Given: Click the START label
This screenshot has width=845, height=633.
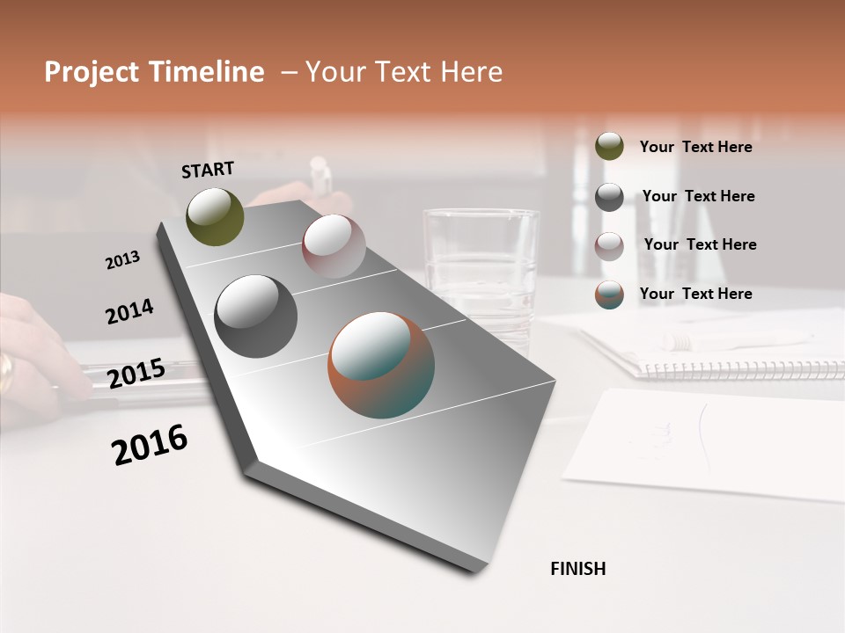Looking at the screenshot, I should [x=208, y=170].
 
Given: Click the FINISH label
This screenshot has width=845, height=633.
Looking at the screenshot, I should [x=577, y=569].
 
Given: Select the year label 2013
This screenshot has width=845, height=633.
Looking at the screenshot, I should [x=123, y=260].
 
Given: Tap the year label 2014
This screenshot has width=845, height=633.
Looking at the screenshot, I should [x=129, y=312].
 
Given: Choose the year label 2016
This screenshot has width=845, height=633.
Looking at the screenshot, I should [x=150, y=444].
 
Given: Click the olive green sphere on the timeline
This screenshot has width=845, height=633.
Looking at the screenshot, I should [x=215, y=217].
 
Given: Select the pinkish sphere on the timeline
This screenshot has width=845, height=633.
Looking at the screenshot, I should [x=334, y=245].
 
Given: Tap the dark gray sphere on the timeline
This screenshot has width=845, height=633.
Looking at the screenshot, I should [x=255, y=316].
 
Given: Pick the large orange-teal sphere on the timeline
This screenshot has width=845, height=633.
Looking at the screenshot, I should [x=381, y=365].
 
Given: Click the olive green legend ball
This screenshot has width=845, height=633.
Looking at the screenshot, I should [x=609, y=146].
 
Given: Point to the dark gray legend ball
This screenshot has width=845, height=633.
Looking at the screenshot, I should [x=609, y=197].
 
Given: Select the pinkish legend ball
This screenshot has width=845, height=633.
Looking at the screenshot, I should [x=609, y=245].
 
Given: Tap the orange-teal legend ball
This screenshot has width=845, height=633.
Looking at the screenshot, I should [x=609, y=295].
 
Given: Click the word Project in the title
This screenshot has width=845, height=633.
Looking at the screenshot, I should [x=91, y=72].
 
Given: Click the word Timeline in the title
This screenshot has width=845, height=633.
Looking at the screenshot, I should [x=209, y=72].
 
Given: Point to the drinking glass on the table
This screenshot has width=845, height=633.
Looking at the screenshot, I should [x=481, y=264].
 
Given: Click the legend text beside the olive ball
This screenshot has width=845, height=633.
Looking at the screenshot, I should [x=695, y=147].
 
